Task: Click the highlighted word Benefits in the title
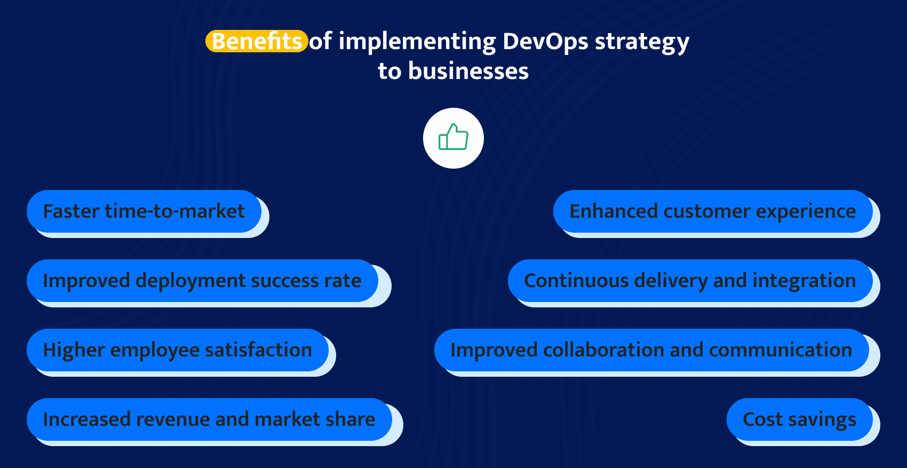(257, 41)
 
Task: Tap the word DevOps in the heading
(545, 41)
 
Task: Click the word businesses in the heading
(468, 71)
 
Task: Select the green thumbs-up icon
(453, 138)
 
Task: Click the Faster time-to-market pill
(144, 211)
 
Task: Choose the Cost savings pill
(799, 419)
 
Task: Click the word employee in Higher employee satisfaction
(155, 350)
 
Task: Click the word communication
(780, 350)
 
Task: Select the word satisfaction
(258, 350)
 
